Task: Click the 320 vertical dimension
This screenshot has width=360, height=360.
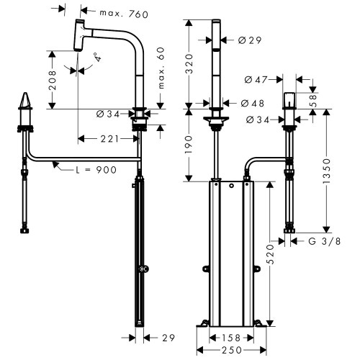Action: (189, 67)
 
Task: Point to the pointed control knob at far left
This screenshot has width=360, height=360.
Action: (26, 101)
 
